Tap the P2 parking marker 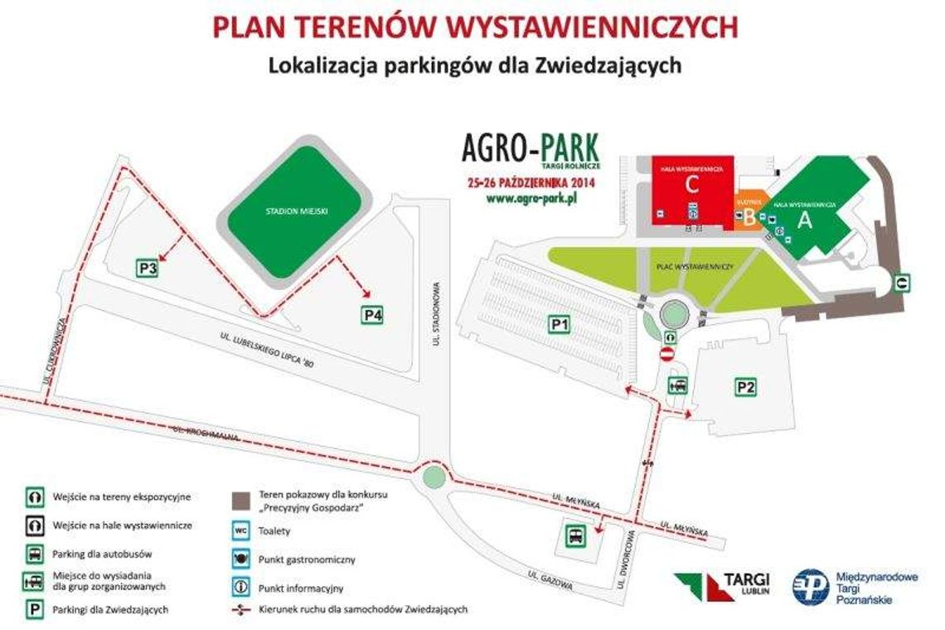pyautogui.click(x=746, y=385)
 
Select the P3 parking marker pyautogui.click(x=148, y=268)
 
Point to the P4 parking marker pyautogui.click(x=373, y=315)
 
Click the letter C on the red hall pyautogui.click(x=692, y=186)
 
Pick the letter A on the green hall pyautogui.click(x=802, y=220)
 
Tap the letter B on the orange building pyautogui.click(x=749, y=218)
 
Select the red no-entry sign pyautogui.click(x=666, y=355)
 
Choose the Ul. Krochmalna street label pyautogui.click(x=207, y=434)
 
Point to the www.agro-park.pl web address pyautogui.click(x=531, y=199)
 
